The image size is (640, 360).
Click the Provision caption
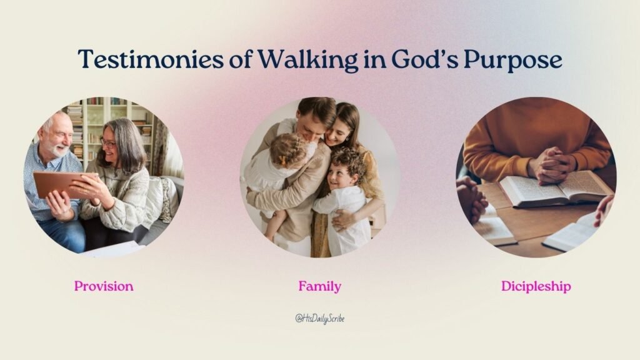point(104,286)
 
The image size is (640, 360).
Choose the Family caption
point(319,287)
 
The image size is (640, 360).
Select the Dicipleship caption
point(536,287)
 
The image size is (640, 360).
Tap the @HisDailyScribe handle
point(320,319)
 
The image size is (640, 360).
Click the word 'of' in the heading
point(237,59)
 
